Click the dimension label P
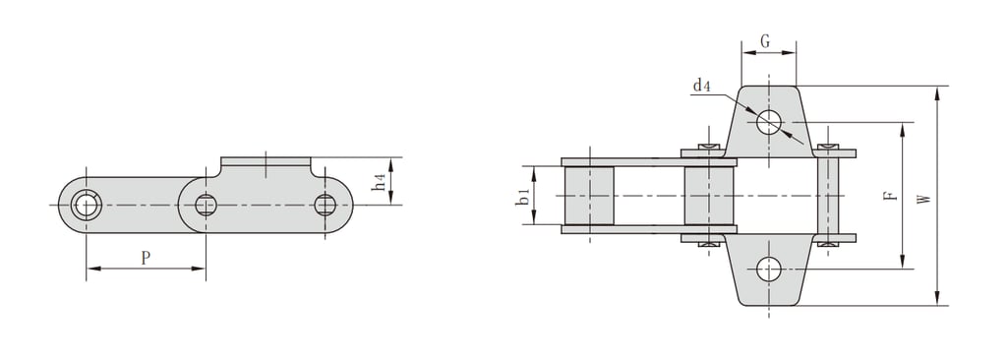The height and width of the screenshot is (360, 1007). (x=146, y=259)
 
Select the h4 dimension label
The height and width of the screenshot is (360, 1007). (x=380, y=182)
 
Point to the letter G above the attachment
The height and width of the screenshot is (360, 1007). (x=765, y=41)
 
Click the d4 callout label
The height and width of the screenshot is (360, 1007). (x=701, y=86)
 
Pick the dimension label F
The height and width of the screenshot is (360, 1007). (x=889, y=195)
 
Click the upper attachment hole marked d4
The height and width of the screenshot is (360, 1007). (x=769, y=122)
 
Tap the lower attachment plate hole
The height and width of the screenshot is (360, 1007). (x=769, y=270)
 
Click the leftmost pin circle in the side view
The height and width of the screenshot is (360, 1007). (x=86, y=205)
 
